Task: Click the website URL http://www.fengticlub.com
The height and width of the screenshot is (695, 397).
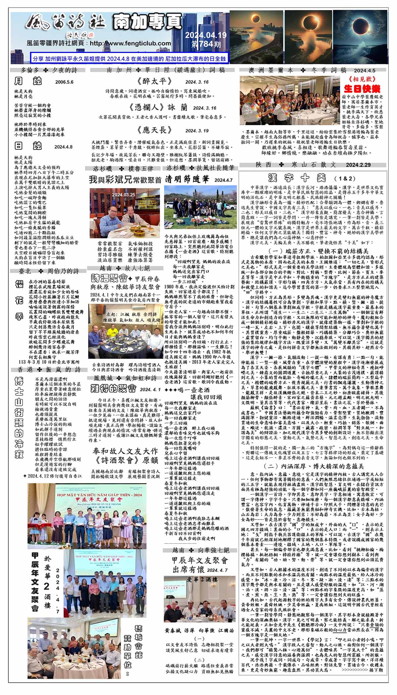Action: click(130, 43)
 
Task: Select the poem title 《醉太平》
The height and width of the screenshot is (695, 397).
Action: click(154, 82)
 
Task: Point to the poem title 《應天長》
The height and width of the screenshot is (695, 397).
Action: click(154, 130)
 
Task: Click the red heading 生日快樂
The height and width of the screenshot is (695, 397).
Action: click(362, 89)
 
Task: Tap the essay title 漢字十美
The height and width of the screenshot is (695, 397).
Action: click(297, 178)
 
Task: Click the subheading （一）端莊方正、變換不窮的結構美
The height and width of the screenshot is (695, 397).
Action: click(313, 251)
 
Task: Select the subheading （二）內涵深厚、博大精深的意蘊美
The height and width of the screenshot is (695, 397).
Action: click(313, 466)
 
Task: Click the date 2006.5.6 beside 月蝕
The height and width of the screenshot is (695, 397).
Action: click(64, 82)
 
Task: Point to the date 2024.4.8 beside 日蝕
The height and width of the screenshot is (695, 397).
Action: click(63, 147)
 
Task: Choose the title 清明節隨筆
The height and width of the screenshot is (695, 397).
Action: click(187, 179)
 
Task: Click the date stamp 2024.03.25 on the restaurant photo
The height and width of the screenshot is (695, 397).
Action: click(123, 195)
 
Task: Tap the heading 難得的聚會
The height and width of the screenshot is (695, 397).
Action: click(113, 389)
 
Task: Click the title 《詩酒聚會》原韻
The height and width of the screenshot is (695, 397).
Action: click(125, 460)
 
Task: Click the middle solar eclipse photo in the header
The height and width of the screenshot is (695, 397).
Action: click(308, 37)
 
